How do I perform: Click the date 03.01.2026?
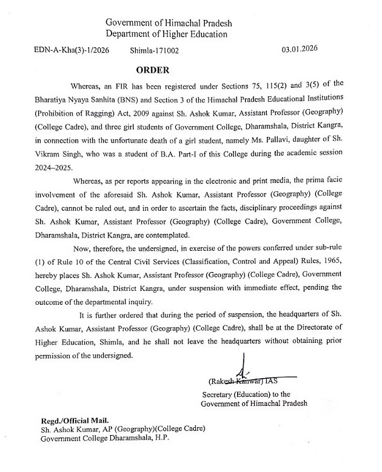300,48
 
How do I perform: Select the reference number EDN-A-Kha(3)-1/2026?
72,51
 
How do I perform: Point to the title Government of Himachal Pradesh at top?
169,23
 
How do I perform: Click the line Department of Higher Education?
166,34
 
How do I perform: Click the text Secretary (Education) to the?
238,394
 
